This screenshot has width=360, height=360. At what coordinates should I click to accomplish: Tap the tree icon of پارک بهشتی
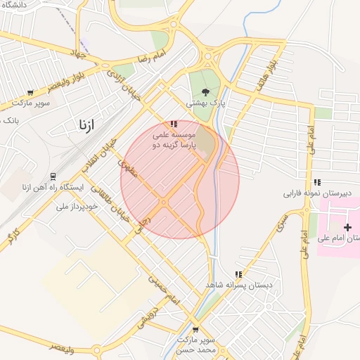205,91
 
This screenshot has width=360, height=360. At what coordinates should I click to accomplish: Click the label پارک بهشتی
205,102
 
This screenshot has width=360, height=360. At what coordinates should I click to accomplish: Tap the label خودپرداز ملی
78,207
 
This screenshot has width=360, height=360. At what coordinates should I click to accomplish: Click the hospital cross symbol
347,227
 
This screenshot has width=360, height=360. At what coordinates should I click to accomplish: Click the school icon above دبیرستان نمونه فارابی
317,182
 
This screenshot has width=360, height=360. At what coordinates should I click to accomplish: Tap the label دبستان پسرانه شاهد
239,285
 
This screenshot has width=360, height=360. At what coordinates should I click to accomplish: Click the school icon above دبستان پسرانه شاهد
238,274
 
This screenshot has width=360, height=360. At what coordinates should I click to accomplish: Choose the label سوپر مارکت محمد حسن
195,345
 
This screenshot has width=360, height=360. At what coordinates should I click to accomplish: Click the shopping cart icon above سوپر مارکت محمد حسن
195,329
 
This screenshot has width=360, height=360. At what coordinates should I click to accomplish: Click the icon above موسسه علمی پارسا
174,124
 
